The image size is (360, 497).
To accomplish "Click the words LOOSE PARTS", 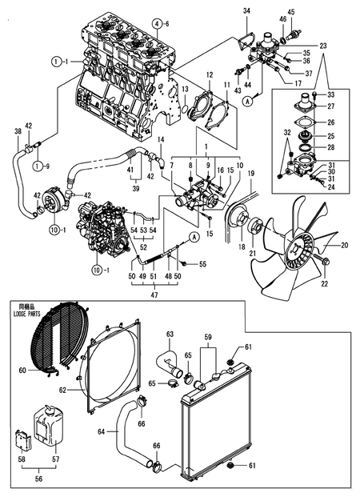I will click(x=30, y=313).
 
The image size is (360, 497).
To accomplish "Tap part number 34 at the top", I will click(x=246, y=10).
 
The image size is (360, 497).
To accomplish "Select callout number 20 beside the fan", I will click(x=345, y=246).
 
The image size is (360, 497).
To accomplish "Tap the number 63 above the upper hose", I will click(x=170, y=335).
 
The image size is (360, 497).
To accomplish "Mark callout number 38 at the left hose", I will click(x=18, y=130).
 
